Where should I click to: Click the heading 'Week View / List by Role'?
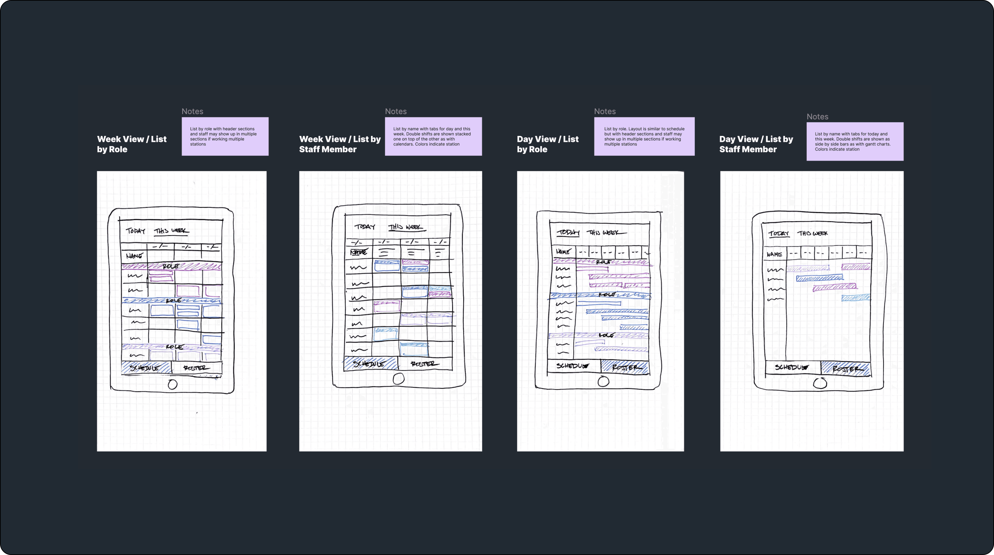pos(132,144)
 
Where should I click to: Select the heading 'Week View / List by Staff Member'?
pos(339,144)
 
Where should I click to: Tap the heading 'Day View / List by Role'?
pos(548,144)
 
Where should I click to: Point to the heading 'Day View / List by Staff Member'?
pos(756,144)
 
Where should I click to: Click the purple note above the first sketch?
pos(225,136)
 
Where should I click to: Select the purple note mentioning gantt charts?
pos(855,141)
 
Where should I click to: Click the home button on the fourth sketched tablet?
pos(820,383)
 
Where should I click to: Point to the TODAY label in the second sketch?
pos(365,227)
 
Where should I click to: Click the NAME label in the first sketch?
pos(134,255)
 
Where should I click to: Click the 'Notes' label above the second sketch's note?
pos(395,111)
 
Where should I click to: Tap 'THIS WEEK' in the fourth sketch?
pos(812,233)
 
